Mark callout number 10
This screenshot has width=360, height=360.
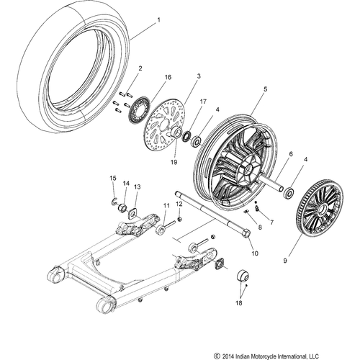click(253, 253)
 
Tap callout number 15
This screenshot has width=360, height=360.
click(112, 178)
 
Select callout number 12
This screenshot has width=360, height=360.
click(179, 204)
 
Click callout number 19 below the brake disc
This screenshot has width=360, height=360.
click(174, 163)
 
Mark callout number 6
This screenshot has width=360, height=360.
click(290, 154)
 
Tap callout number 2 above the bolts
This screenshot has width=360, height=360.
click(140, 68)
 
